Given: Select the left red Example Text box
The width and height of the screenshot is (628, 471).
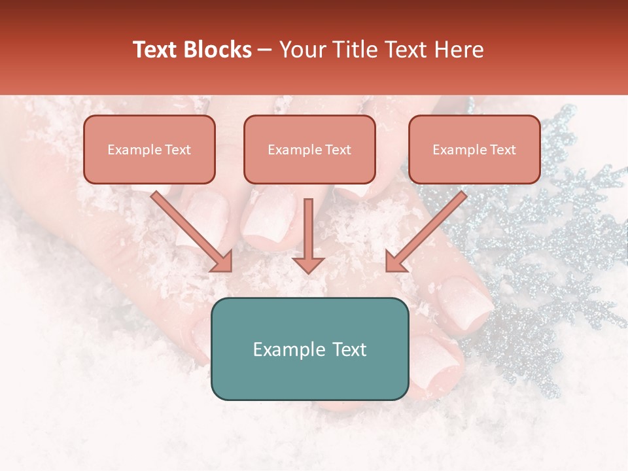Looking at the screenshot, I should (149, 149).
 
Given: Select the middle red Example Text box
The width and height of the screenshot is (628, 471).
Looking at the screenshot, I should (309, 149).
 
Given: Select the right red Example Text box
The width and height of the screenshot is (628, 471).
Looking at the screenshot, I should (474, 149).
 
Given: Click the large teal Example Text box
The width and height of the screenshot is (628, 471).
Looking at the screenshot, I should (309, 349).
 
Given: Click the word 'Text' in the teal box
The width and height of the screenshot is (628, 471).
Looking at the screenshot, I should (349, 349).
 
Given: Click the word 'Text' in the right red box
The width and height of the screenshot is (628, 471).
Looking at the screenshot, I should (502, 150).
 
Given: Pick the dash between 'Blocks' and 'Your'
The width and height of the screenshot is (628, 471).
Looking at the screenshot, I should (265, 50).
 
